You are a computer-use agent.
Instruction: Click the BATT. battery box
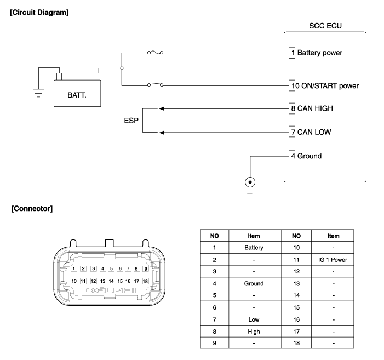tap(77, 94)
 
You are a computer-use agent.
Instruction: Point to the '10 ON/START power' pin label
tap(324, 85)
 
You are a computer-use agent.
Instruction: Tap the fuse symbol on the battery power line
tap(156, 53)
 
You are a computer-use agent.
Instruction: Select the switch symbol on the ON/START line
tap(156, 85)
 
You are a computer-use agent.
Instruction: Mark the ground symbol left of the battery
tap(38, 91)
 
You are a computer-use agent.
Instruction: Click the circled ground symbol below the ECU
tap(251, 182)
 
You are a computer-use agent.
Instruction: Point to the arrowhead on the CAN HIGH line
tap(161, 108)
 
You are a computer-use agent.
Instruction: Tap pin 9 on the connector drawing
tap(145, 269)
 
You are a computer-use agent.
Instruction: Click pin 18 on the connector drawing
tap(145, 281)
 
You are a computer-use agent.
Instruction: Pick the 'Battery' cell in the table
tap(254, 247)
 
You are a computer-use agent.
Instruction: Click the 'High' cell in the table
tap(254, 331)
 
